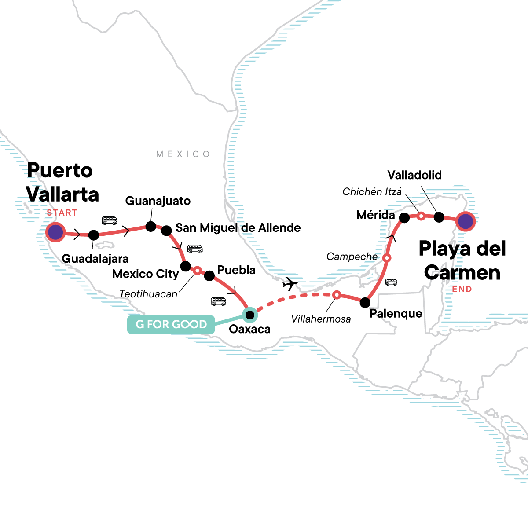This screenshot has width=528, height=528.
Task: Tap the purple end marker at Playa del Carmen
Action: click(466, 221)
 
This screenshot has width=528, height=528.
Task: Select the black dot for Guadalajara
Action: click(94, 235)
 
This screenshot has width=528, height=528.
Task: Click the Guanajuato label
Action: click(158, 201)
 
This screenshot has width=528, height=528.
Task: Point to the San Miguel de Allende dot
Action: click(166, 231)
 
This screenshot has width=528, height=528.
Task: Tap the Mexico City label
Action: click(146, 274)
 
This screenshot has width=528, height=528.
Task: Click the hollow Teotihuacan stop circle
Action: click(198, 270)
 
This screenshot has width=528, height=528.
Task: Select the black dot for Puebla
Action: click(209, 276)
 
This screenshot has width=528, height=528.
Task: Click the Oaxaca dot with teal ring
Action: click(250, 315)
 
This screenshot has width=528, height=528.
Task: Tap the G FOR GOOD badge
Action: click(171, 325)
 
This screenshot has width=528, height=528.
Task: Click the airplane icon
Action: click(290, 284)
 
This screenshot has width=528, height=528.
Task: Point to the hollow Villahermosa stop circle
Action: click(336, 295)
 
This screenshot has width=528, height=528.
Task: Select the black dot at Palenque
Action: click(365, 303)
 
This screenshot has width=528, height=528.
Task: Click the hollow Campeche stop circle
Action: click(387, 258)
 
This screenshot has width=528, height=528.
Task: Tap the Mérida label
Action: click(375, 215)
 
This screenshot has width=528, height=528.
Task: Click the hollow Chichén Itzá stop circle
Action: click(421, 216)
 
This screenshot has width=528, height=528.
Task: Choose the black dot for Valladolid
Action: click(439, 217)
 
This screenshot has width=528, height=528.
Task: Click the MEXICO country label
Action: click(183, 154)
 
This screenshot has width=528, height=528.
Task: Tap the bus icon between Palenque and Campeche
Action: click(391, 282)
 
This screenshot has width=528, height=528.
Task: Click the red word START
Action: click(62, 213)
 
